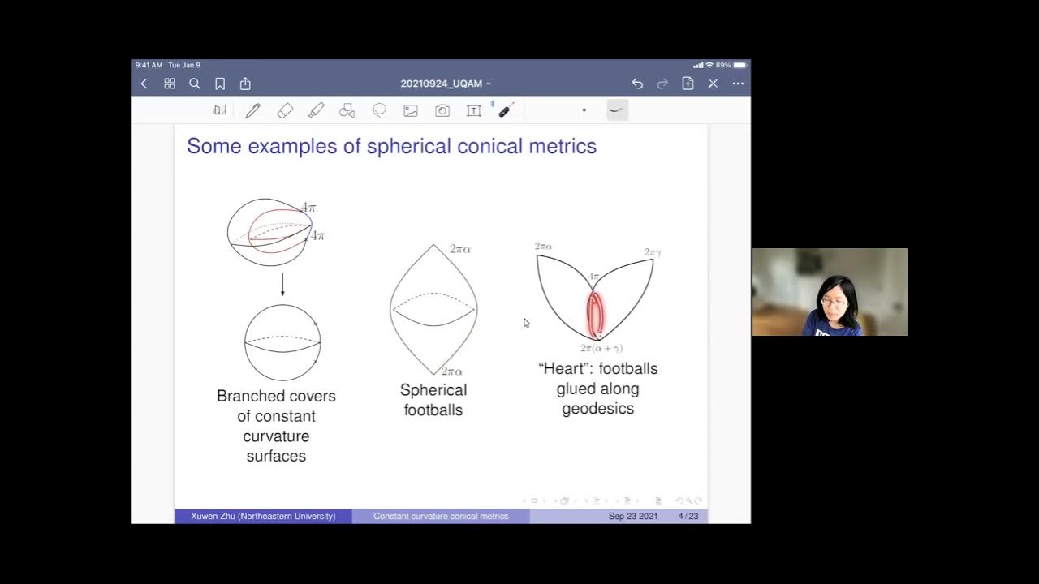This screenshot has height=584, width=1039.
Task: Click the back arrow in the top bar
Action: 144,84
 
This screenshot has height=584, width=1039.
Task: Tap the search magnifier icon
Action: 195,84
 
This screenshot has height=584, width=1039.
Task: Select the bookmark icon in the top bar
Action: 220,84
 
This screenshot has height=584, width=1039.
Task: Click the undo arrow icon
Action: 637,84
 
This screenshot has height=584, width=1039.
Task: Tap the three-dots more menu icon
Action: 738,84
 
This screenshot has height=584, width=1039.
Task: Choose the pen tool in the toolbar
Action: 252,110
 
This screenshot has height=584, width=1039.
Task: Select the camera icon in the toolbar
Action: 442,110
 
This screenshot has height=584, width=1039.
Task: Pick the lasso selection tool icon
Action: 379,110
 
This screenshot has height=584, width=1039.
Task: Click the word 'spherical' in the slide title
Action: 413,147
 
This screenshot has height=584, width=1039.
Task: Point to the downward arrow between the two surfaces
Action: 282,285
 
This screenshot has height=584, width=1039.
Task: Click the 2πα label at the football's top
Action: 460,250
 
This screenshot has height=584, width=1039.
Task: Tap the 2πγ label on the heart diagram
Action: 653,252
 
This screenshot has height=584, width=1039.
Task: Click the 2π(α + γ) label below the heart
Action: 601,348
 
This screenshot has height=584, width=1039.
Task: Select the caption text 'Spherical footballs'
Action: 433,400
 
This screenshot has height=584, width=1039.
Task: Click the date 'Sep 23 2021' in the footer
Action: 633,516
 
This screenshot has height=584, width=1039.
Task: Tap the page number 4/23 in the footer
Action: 688,516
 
